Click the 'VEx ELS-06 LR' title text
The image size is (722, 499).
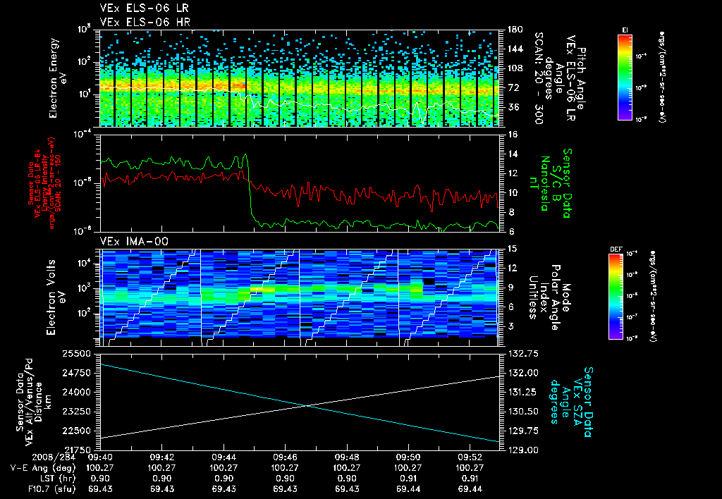(x=137, y=8)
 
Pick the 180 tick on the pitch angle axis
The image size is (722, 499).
(x=509, y=30)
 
